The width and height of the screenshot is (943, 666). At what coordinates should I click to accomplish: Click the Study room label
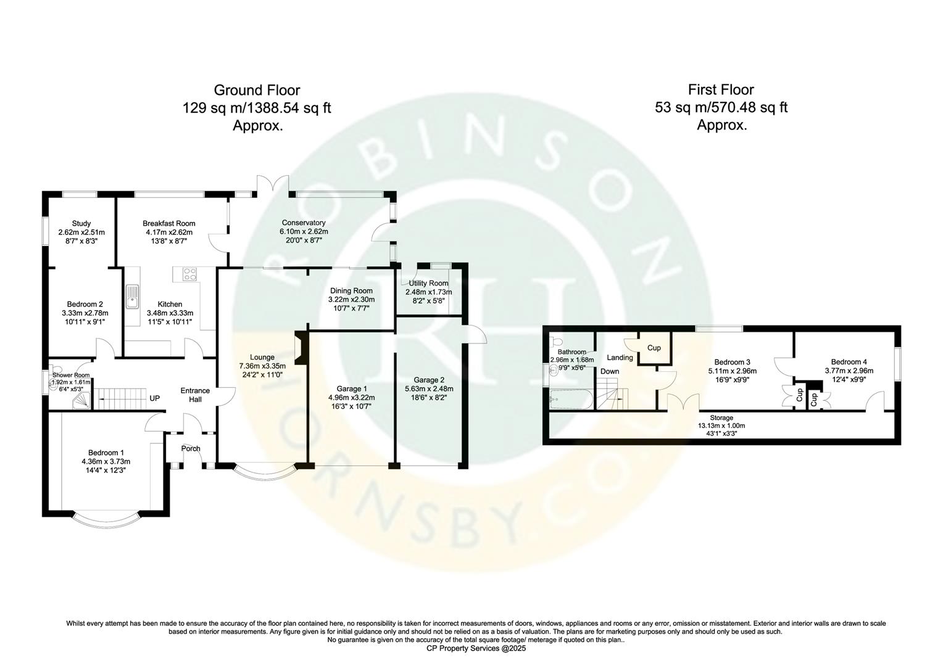[x=81, y=223]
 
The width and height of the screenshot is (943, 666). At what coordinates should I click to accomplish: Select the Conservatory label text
[x=303, y=223]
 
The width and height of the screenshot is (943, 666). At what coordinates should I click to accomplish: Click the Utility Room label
[x=428, y=283]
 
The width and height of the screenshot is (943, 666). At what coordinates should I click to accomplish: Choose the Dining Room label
[x=351, y=290]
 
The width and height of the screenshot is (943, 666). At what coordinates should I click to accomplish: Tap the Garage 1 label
[x=352, y=388]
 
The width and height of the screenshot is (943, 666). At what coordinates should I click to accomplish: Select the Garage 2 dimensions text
[x=429, y=398]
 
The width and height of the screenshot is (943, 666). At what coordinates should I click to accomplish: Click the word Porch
[x=191, y=448]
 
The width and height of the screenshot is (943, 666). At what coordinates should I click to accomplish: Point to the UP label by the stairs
[x=154, y=398]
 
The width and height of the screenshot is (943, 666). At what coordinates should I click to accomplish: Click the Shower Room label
[x=71, y=375]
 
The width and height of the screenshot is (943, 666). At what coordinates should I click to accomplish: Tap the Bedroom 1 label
[x=106, y=453]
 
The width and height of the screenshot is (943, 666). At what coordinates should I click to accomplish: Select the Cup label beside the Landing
[x=654, y=348]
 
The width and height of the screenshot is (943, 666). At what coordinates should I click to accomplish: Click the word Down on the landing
[x=610, y=371]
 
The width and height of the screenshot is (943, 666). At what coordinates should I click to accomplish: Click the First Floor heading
[x=721, y=90]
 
